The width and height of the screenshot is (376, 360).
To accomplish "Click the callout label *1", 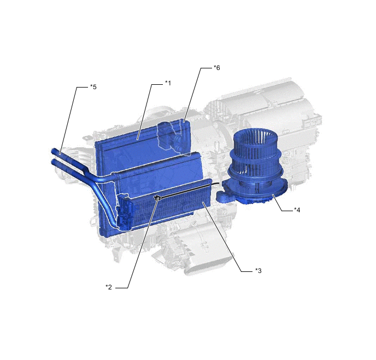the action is coord(168,83).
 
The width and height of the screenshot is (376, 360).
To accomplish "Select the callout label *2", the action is coord(109,287).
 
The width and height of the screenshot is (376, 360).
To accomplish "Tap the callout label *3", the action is coord(258,270).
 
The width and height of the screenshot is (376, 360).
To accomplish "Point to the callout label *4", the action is coord(297,210).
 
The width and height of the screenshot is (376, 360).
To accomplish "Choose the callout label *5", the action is coord(93,87).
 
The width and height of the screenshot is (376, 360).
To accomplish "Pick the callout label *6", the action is coord(217,68).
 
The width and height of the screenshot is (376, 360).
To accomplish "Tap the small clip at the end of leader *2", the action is coord(157,198).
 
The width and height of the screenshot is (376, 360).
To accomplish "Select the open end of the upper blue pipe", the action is coord(54,151).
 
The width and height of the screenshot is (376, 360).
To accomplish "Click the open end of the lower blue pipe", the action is coord(54,162).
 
